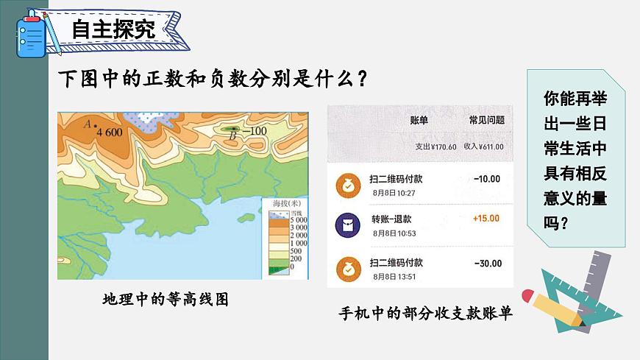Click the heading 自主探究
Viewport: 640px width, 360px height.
tap(113, 29)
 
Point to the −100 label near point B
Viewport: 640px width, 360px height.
tap(254, 132)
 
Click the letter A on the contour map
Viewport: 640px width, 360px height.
tap(88, 124)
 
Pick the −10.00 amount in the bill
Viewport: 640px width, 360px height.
tap(487, 179)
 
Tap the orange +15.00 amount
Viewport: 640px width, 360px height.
tap(486, 219)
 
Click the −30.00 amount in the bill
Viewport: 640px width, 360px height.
tap(488, 264)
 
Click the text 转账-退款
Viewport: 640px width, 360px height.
tap(391, 219)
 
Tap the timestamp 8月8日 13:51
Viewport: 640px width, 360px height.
tap(394, 277)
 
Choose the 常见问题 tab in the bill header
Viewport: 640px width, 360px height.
tap(487, 120)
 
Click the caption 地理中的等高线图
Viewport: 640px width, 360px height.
tap(166, 300)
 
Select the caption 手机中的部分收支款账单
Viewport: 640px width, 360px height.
tap(425, 313)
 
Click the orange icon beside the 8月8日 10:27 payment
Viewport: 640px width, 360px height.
tap(344, 186)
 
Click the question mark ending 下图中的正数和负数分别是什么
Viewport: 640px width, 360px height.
tap(360, 79)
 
